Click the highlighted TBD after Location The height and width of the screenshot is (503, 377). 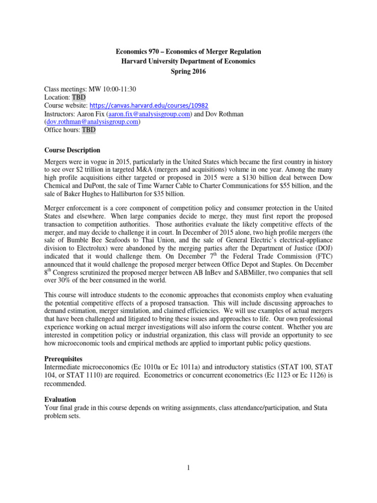click(79, 97)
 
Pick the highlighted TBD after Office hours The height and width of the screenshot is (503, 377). click(89, 130)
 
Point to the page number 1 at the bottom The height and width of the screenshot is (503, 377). click(188, 468)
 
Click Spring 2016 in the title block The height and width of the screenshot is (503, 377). click(188, 71)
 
